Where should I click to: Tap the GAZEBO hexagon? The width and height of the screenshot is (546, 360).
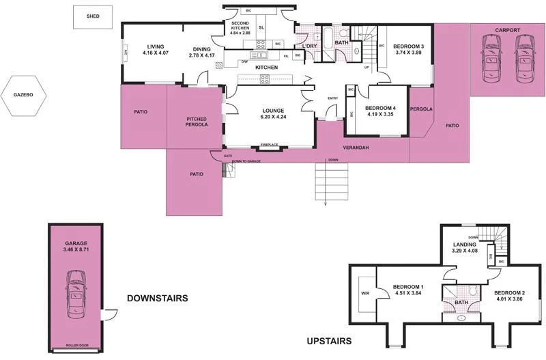[x=23, y=94]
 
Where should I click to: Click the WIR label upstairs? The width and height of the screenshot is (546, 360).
[x=364, y=295]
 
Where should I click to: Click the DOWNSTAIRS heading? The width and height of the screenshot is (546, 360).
[x=157, y=299]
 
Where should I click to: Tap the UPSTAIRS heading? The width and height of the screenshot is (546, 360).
[x=328, y=341]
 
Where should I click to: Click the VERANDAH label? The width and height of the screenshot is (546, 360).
[x=356, y=148]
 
